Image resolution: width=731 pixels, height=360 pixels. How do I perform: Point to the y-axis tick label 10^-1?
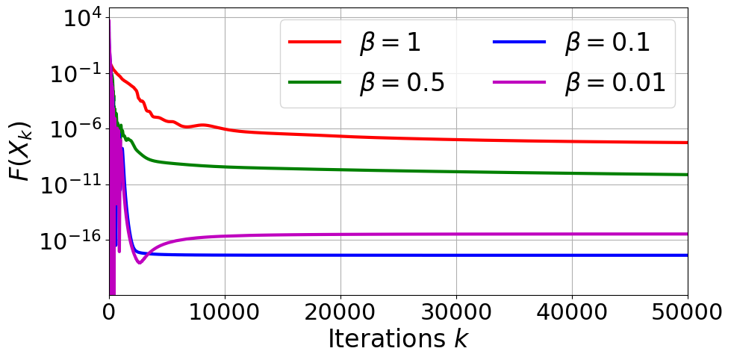point(75,74)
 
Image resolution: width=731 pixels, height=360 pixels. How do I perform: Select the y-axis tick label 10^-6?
point(75,129)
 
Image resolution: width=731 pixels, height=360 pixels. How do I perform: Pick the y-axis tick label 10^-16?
point(72,240)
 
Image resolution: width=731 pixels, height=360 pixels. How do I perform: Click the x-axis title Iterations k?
point(398,340)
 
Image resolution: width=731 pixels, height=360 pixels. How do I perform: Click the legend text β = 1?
point(390,43)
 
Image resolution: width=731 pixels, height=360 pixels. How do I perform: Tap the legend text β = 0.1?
point(607,43)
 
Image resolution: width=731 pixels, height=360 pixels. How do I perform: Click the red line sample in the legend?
point(314,43)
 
